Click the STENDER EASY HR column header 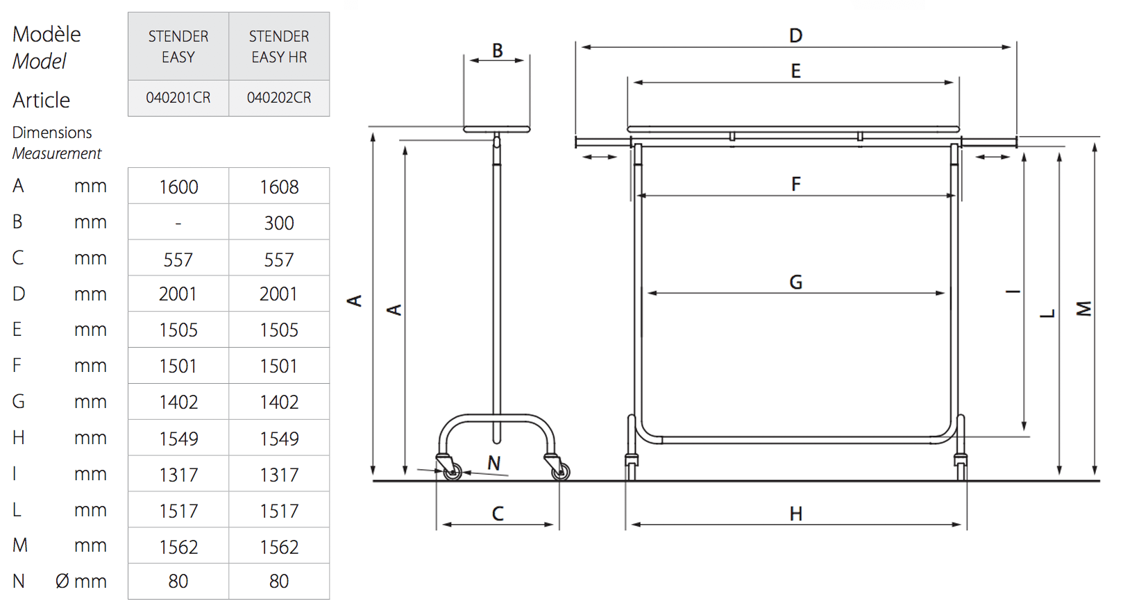[x=279, y=46]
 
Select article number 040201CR [x=178, y=97]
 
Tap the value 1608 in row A [x=279, y=187]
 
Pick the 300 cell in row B [x=279, y=223]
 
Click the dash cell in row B [x=178, y=223]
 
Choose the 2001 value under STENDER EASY [x=178, y=294]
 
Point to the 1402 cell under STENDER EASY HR [x=279, y=402]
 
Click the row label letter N [x=19, y=581]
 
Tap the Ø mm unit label [x=81, y=582]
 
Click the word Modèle [x=47, y=34]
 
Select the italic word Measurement [x=57, y=153]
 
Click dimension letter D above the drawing [x=795, y=35]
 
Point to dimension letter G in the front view [x=795, y=282]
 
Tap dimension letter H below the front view [x=795, y=514]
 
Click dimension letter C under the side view [x=498, y=514]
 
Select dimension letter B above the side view [x=498, y=51]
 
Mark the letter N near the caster [x=493, y=463]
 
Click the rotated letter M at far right [x=1084, y=309]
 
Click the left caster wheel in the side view [x=453, y=472]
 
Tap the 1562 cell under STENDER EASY [x=178, y=547]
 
